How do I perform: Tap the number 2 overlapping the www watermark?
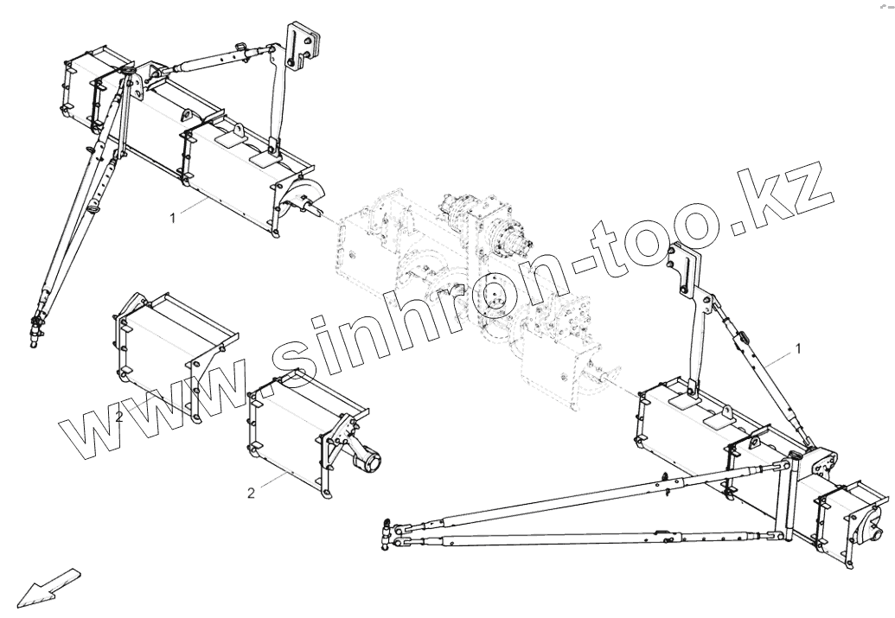click(119, 417)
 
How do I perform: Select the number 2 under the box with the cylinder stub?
click(251, 494)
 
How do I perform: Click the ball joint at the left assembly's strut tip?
click(36, 328)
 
